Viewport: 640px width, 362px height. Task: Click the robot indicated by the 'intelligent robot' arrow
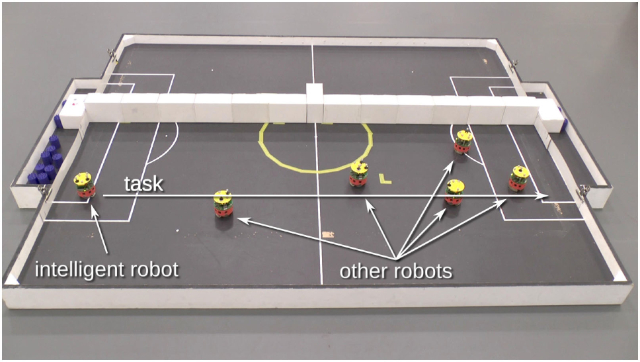pyautogui.click(x=84, y=185)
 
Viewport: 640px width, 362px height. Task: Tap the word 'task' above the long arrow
pyautogui.click(x=144, y=183)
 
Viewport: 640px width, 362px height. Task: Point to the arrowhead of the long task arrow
pyautogui.click(x=543, y=196)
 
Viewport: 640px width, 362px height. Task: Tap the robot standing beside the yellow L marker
pyautogui.click(x=359, y=173)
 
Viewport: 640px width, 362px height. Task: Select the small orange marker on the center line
pyautogui.click(x=327, y=234)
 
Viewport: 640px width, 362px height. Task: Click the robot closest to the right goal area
pyautogui.click(x=518, y=178)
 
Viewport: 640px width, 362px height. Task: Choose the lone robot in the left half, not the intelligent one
pyautogui.click(x=223, y=204)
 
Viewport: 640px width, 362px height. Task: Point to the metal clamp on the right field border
pyautogui.click(x=583, y=191)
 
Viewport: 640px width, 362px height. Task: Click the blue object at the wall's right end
pyautogui.click(x=561, y=116)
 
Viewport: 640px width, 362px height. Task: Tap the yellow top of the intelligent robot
pyautogui.click(x=83, y=178)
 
